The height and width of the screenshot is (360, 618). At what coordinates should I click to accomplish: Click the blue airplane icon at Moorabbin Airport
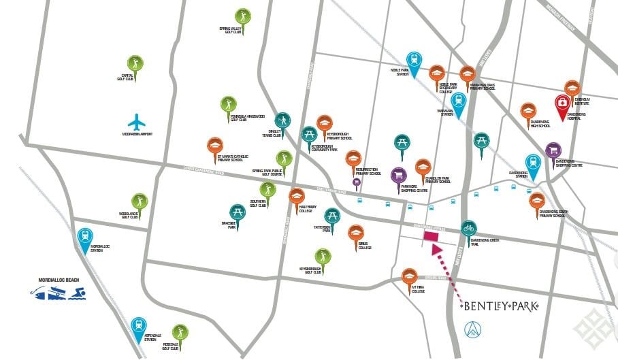pos(137,123)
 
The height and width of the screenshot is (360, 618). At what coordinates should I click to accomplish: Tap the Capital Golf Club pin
pos(135,65)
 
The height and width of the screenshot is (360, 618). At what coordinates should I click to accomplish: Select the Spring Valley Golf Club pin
pos(243,17)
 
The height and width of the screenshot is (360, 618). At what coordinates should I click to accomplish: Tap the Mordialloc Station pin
pos(85,237)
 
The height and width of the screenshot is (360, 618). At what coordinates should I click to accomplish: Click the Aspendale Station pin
pos(139,327)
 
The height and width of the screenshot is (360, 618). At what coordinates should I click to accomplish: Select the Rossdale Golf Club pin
pos(180,333)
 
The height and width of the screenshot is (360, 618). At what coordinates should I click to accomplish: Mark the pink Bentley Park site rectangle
pos(430,237)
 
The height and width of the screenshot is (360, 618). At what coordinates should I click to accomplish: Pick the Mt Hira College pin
pos(409,277)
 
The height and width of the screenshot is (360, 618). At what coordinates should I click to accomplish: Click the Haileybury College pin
pos(296,197)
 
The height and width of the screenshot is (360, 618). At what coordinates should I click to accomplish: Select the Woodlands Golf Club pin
pos(140,202)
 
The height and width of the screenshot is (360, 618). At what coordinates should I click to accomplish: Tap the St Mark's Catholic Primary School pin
pos(215,146)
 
